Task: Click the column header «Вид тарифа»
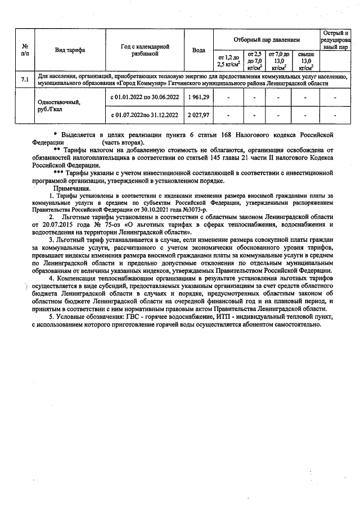(x=70, y=50)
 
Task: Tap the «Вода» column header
(x=199, y=50)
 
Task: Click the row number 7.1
(x=25, y=79)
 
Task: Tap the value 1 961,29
(x=199, y=97)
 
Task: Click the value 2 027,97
(x=199, y=115)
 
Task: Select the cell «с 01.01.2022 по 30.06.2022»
(x=145, y=97)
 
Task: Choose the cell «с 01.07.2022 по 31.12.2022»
(x=145, y=115)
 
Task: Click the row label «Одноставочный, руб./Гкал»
(x=58, y=107)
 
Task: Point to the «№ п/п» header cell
(x=25, y=50)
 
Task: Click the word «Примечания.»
(x=72, y=188)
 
